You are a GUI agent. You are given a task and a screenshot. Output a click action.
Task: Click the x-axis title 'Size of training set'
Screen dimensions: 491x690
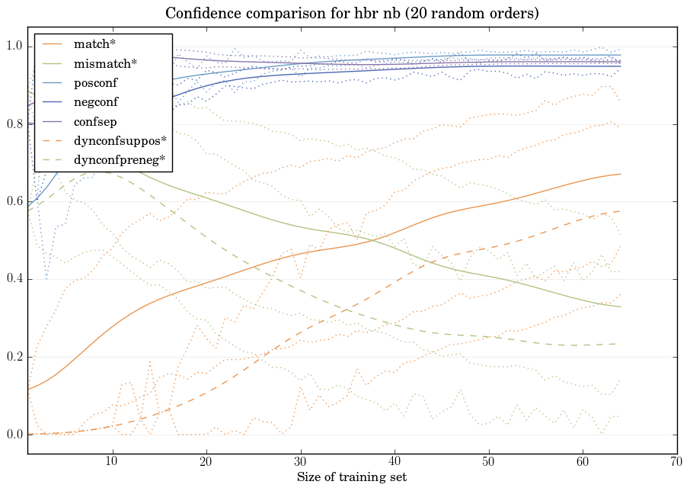click(x=351, y=477)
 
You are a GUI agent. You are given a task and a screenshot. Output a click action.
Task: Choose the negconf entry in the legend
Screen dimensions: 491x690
click(x=96, y=101)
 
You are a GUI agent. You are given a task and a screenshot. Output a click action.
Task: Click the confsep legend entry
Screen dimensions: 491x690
click(x=94, y=120)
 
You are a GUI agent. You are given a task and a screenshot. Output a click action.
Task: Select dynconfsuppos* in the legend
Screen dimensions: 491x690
click(x=120, y=140)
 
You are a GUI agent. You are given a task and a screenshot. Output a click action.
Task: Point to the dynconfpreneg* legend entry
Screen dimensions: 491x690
click(x=119, y=160)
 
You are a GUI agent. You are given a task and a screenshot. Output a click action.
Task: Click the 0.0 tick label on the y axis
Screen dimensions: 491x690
click(x=14, y=435)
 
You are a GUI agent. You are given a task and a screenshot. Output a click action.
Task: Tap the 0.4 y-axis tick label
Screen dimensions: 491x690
click(x=14, y=280)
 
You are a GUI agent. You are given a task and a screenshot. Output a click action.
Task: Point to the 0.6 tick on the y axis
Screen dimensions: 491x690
click(x=14, y=202)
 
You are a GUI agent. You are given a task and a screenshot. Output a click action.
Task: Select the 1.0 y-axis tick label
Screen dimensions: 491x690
click(x=14, y=47)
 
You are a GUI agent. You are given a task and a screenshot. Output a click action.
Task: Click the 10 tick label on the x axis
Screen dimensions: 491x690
click(x=112, y=462)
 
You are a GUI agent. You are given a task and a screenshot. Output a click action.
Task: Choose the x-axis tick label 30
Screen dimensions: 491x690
click(x=300, y=462)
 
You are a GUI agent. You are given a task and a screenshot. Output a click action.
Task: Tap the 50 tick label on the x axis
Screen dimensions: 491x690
click(x=488, y=462)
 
